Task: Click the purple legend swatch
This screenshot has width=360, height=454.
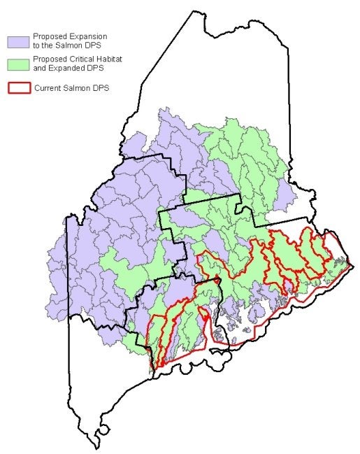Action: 18,40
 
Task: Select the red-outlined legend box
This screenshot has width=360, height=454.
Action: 18,88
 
